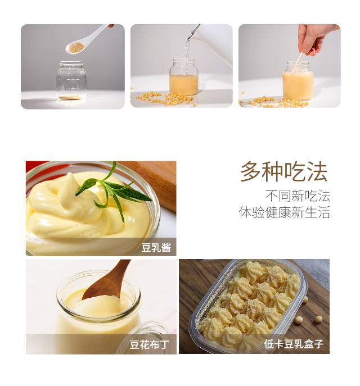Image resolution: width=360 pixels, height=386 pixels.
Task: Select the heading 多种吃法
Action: point(284,171)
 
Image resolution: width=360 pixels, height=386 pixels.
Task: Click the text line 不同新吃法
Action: point(298,196)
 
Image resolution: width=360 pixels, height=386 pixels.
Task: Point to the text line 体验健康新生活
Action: point(285,212)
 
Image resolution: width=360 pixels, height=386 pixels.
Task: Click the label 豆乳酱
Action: point(156,248)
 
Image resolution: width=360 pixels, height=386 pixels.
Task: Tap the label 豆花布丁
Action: point(150,344)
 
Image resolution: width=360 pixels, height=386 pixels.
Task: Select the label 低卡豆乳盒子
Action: point(294,344)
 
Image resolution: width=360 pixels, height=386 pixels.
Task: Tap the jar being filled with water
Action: point(183,77)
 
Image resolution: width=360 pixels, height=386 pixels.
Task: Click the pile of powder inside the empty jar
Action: point(70,97)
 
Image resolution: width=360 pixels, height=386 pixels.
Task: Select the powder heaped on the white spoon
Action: point(75,47)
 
